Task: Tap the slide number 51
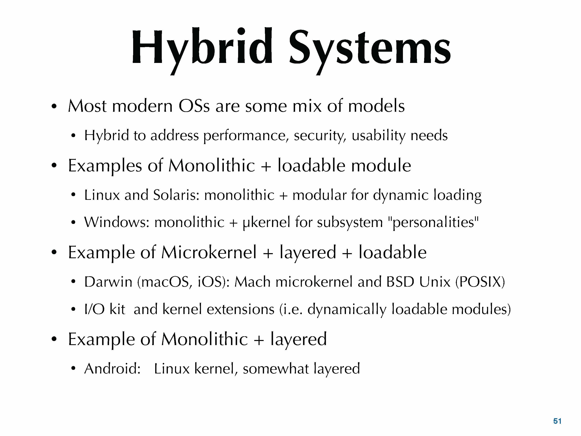557,421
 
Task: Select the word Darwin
108,282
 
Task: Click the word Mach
252,282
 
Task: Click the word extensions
241,309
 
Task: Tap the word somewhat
276,368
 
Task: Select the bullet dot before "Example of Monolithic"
54,339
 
